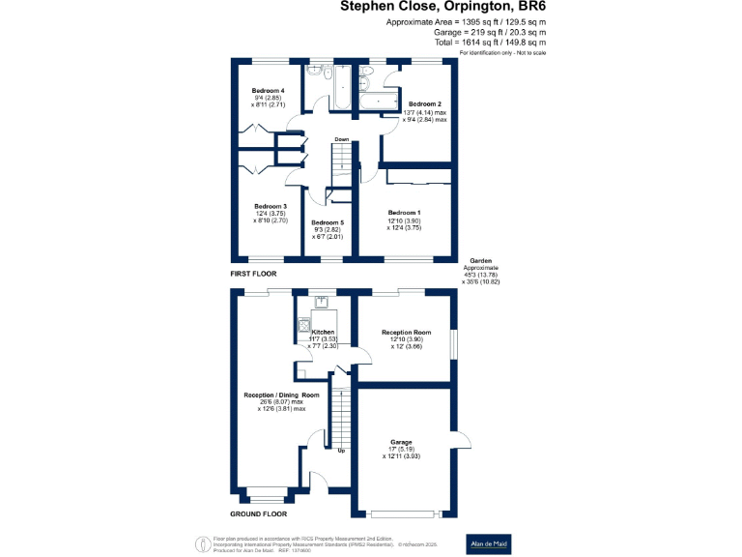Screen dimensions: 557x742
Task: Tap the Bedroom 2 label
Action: pyautogui.click(x=425, y=103)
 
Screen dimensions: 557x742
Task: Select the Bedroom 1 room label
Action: pyautogui.click(x=404, y=212)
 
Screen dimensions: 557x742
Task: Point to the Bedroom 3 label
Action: pyautogui.click(x=271, y=206)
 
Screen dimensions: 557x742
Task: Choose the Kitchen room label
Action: pyautogui.click(x=323, y=332)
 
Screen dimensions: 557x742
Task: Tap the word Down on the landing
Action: pyautogui.click(x=341, y=139)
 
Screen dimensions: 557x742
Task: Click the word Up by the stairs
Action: pyautogui.click(x=341, y=451)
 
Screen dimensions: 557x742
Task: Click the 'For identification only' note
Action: pyautogui.click(x=503, y=52)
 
